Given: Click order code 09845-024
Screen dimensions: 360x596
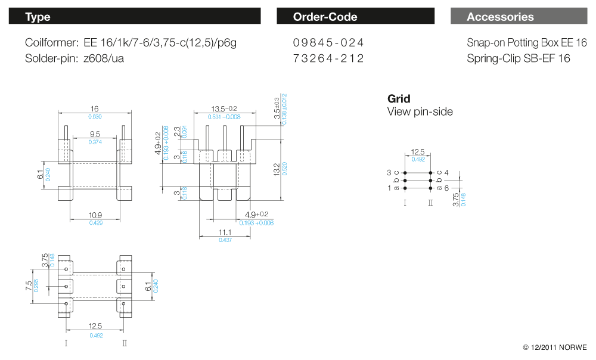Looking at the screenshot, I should tap(328, 43).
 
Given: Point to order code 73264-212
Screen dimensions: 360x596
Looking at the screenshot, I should tap(328, 58).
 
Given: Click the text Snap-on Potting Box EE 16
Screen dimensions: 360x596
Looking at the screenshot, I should tap(527, 43).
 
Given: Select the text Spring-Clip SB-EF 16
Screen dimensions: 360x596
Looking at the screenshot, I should tap(519, 58).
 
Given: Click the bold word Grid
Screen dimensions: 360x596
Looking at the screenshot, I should tap(399, 99).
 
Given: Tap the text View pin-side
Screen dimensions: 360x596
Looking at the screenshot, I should tap(420, 111).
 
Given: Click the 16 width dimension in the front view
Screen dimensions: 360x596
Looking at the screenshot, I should tap(94, 109).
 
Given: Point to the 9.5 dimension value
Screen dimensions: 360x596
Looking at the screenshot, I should tap(95, 135).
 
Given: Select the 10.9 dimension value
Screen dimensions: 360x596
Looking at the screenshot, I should tap(95, 215).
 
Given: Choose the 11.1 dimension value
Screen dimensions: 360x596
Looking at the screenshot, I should tap(225, 232).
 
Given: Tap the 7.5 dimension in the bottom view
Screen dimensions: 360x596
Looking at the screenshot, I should tap(27, 287).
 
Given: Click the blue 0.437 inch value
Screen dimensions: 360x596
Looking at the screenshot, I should tap(225, 240).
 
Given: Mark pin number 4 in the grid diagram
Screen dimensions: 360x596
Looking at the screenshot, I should tap(446, 173).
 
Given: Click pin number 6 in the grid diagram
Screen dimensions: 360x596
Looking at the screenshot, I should tap(446, 188).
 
